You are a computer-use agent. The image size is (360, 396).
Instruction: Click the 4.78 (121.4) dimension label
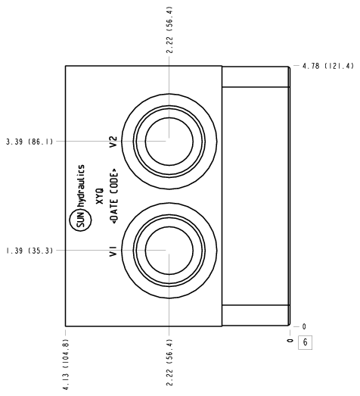click(328, 66)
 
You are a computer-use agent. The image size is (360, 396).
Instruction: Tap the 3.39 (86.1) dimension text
click(29, 142)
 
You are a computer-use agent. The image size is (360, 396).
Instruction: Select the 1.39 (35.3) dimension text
click(29, 251)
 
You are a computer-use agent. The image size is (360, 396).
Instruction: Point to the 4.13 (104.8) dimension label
click(66, 364)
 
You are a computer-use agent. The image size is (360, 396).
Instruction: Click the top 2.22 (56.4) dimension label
click(169, 30)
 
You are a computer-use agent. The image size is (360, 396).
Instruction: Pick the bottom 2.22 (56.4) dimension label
click(169, 363)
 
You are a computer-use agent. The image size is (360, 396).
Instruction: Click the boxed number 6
click(306, 342)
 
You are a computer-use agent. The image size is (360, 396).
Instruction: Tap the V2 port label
click(113, 142)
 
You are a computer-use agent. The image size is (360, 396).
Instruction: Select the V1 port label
click(113, 251)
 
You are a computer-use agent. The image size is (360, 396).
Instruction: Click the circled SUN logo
click(80, 220)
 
